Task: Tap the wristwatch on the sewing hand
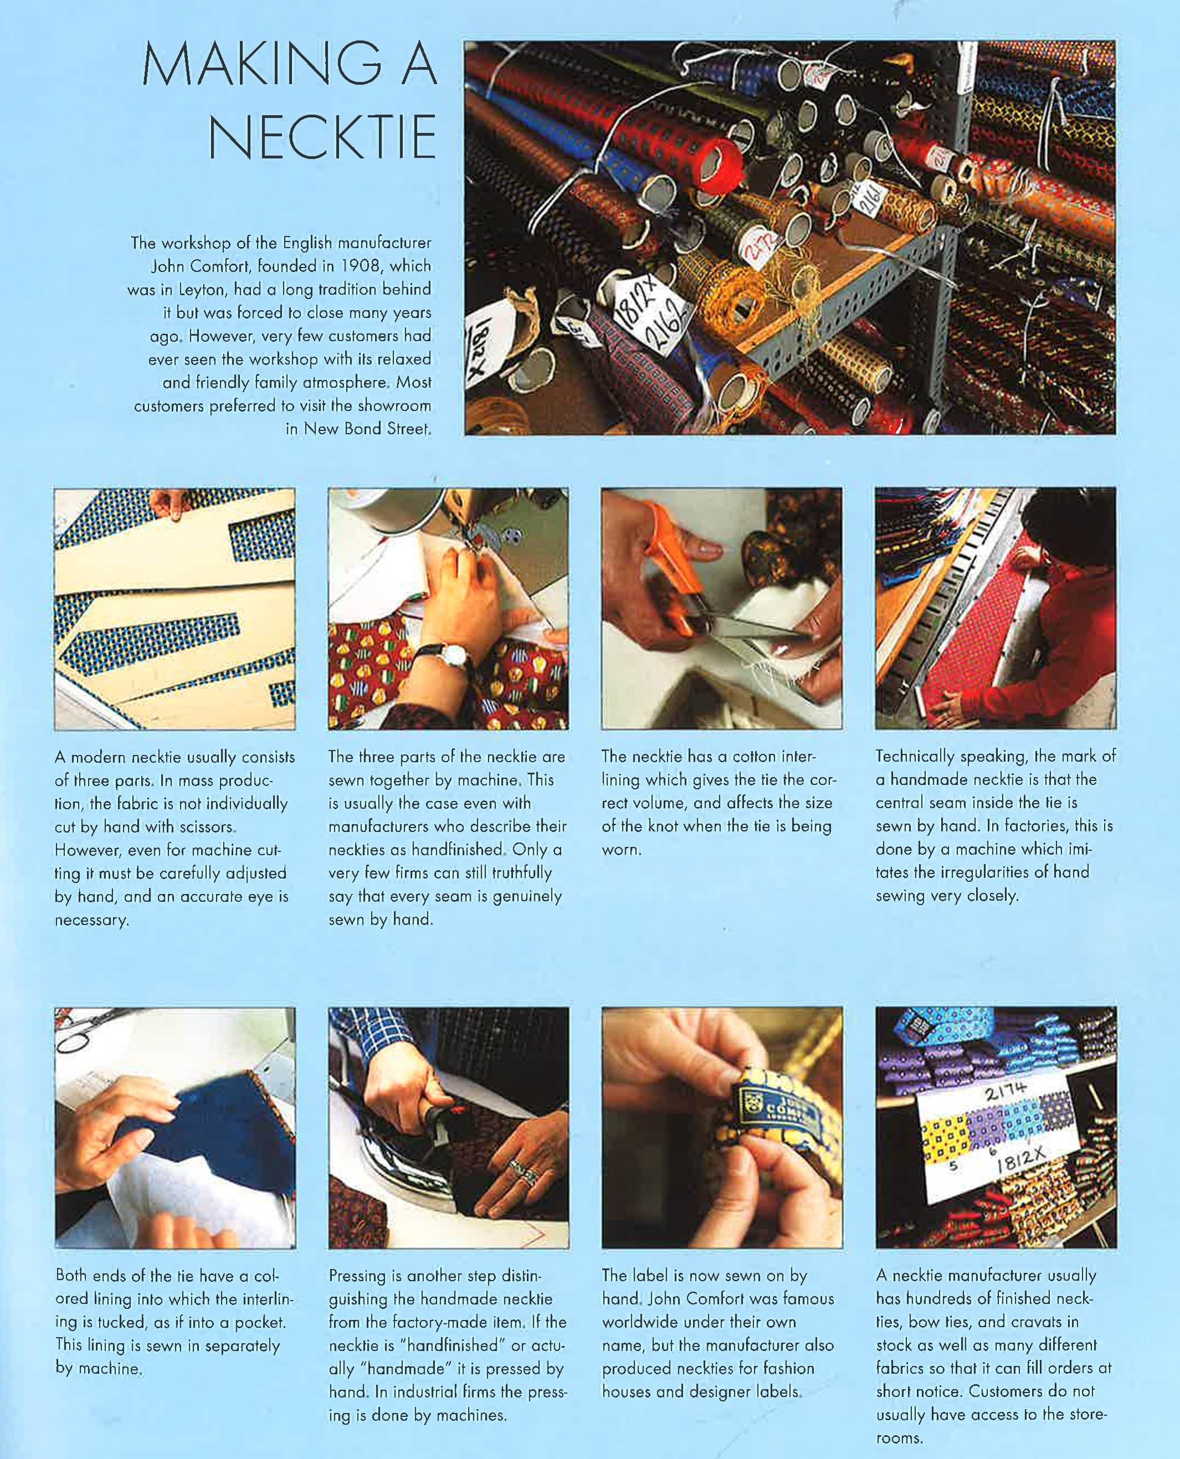(x=454, y=655)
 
